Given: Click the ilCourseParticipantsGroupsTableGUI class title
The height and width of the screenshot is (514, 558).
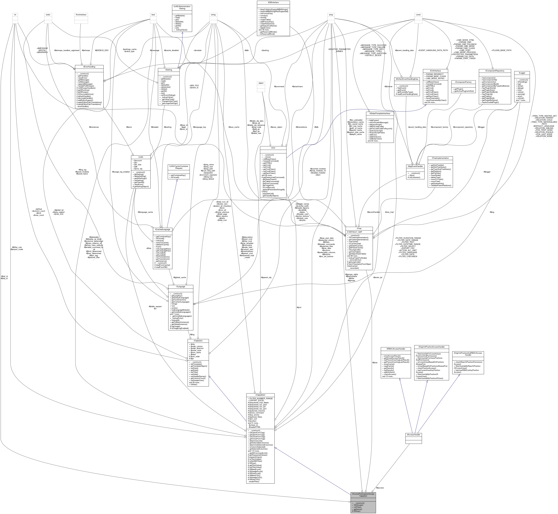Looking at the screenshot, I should pyautogui.click(x=363, y=495).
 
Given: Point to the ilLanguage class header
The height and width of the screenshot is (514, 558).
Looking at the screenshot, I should pyautogui.click(x=180, y=287).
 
